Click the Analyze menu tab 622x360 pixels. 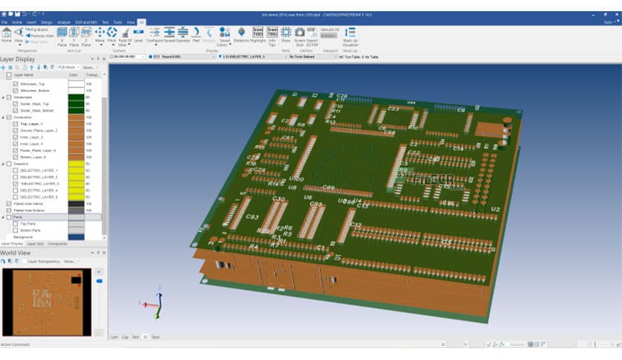pyautogui.click(x=64, y=22)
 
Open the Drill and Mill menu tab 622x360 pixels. pyautogui.click(x=86, y=22)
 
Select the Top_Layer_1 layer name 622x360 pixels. pyautogui.click(x=32, y=123)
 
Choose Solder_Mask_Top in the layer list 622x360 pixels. pyautogui.click(x=35, y=103)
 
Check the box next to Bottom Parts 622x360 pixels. pyautogui.click(x=16, y=230)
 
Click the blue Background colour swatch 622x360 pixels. pyautogui.click(x=76, y=237)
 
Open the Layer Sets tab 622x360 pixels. pyautogui.click(x=36, y=243)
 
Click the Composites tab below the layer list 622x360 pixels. pyautogui.click(x=57, y=243)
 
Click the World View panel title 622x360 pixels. pyautogui.click(x=15, y=253)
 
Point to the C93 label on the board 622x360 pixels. pyautogui.click(x=251, y=217)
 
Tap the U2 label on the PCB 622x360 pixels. pyautogui.click(x=495, y=210)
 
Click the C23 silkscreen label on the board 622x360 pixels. pyautogui.click(x=394, y=109)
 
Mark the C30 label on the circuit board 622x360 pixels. pyautogui.click(x=279, y=199)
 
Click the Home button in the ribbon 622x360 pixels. pyautogui.click(x=6, y=35)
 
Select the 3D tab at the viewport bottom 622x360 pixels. pyautogui.click(x=146, y=337)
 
